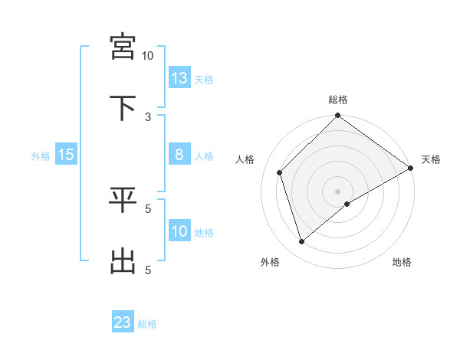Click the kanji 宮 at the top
[x=123, y=46]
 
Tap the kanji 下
[x=123, y=107]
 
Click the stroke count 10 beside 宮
[x=148, y=56]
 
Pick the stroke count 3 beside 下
[x=148, y=117]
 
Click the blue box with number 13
[x=179, y=78]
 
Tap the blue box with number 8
[x=179, y=155]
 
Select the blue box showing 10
[x=179, y=231]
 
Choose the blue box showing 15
[x=66, y=155]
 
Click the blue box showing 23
[x=123, y=322]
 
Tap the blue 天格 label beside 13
[x=204, y=79]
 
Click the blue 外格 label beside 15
[x=41, y=155]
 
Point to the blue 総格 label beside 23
[x=147, y=323]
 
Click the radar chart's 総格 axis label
[x=338, y=100]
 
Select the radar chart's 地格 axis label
[x=402, y=262]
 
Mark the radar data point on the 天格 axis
[x=411, y=169]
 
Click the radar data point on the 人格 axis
[x=280, y=172]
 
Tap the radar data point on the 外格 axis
[x=302, y=242]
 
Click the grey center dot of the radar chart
[x=338, y=191]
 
